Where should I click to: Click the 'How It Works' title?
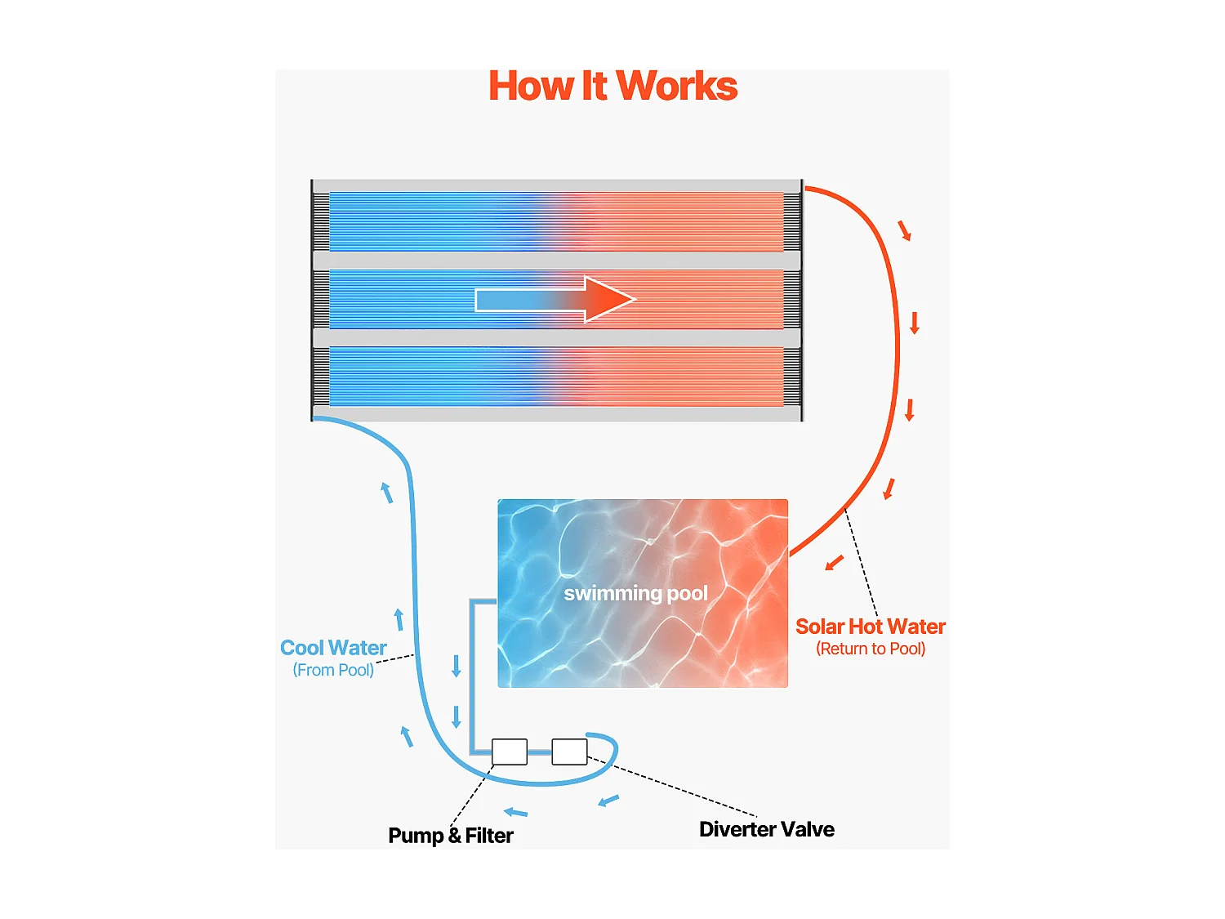pyautogui.click(x=612, y=87)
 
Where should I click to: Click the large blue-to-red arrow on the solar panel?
pyautogui.click(x=555, y=300)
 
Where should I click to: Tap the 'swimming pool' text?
pyautogui.click(x=635, y=593)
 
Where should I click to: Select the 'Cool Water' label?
pyautogui.click(x=333, y=648)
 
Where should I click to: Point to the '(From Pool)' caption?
pyautogui.click(x=333, y=670)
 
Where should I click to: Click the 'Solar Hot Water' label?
pyautogui.click(x=870, y=627)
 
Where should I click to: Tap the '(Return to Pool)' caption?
pyautogui.click(x=871, y=649)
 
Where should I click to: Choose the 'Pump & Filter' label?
pyautogui.click(x=451, y=836)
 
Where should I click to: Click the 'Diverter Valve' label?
pyautogui.click(x=766, y=829)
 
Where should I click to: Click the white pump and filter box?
pyautogui.click(x=510, y=752)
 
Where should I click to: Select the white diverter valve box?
pyautogui.click(x=569, y=752)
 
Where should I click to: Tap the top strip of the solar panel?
pyautogui.click(x=556, y=221)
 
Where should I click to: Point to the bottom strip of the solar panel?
pyautogui.click(x=556, y=377)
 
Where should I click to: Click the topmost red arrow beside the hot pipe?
pyautogui.click(x=904, y=230)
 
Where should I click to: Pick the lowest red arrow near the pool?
pyautogui.click(x=834, y=563)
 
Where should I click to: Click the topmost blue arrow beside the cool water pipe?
pyautogui.click(x=387, y=493)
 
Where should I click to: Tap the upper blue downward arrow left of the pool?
pyautogui.click(x=457, y=666)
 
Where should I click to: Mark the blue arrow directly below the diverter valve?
pyautogui.click(x=608, y=801)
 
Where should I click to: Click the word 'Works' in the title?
pyautogui.click(x=677, y=87)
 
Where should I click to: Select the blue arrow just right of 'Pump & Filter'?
pyautogui.click(x=515, y=812)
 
